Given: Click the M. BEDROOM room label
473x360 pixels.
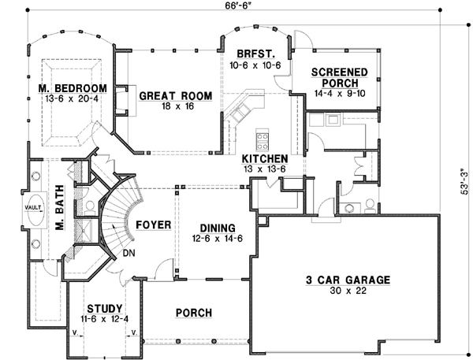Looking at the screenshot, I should pos(72,87).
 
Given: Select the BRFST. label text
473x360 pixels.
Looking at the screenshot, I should pos(254,54).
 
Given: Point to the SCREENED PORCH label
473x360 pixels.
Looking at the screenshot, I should pos(340,77).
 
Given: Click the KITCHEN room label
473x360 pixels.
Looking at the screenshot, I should pos(264,158).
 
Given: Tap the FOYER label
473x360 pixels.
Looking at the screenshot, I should pos(154,225).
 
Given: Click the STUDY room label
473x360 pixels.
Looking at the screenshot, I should pos(104,309).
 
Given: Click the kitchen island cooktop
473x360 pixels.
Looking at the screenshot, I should pos(261,140).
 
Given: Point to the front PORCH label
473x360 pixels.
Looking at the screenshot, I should pos(193,313).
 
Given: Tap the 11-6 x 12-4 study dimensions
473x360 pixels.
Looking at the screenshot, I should pos(104,320).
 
